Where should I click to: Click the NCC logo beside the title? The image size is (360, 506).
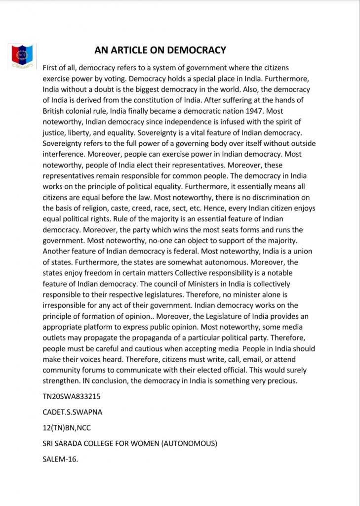tap(22, 56)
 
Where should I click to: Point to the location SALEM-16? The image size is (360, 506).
tap(61, 459)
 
